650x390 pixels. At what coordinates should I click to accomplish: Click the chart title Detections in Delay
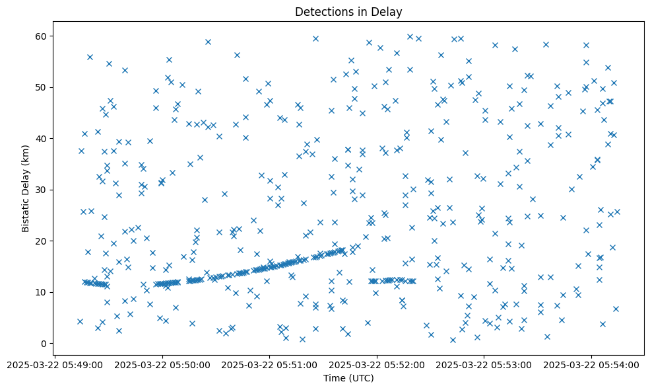pos(348,12)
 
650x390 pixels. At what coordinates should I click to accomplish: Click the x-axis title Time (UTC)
pos(348,378)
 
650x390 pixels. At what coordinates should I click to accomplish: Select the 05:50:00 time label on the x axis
pos(162,364)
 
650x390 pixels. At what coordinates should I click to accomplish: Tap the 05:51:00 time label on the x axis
pos(270,364)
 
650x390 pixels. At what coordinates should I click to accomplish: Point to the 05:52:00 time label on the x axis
pos(377,364)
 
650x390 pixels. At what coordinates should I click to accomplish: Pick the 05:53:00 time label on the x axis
pos(484,364)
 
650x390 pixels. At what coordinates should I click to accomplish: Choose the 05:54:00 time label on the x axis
pos(592,364)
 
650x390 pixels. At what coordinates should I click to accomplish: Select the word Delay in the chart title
pos(389,12)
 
